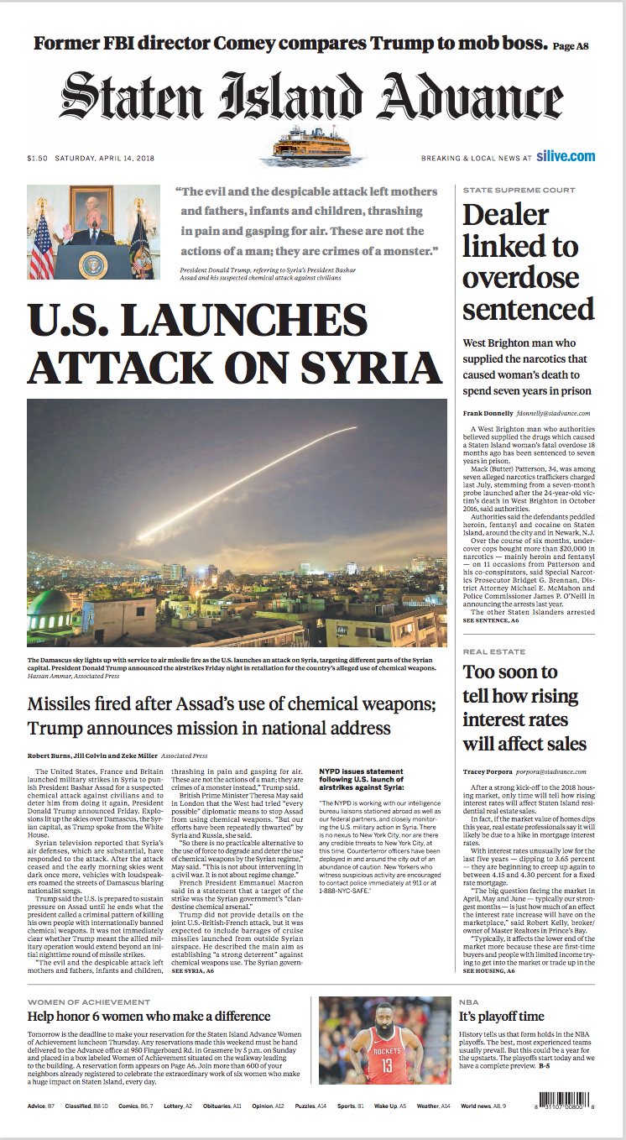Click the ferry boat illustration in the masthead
click(315, 144)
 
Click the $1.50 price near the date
click(37, 158)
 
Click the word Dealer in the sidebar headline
click(505, 215)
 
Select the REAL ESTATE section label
click(494, 651)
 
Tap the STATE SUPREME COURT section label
click(519, 191)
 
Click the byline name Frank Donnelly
click(488, 414)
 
